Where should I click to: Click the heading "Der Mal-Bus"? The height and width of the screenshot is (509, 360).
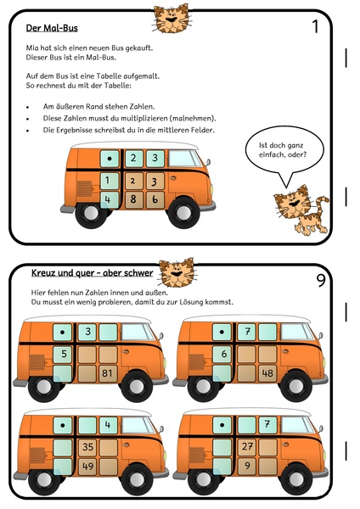(52, 28)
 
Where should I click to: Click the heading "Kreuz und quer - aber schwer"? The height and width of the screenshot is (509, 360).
(92, 273)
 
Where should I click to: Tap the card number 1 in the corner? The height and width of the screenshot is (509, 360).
(315, 26)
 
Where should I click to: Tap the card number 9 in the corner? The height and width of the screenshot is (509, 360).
(321, 280)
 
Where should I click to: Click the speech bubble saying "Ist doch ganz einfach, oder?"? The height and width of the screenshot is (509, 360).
(284, 150)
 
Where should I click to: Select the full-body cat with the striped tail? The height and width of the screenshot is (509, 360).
(301, 210)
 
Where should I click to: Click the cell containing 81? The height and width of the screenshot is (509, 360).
(108, 373)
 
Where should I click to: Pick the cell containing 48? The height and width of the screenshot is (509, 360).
(267, 373)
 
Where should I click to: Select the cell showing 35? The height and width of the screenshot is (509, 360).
(87, 447)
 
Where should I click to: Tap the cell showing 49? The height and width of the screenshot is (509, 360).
(87, 467)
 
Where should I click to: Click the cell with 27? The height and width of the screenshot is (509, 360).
(247, 447)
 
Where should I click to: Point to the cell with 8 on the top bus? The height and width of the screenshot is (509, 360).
(134, 199)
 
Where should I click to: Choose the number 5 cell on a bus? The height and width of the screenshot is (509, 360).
(63, 354)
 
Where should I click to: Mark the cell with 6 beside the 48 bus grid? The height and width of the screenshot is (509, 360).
(222, 354)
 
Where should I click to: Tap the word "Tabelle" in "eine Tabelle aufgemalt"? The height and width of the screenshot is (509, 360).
(116, 76)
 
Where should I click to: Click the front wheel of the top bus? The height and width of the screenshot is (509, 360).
(183, 213)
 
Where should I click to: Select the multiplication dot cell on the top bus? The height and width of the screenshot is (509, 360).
(110, 159)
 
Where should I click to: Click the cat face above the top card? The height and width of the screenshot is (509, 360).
(172, 20)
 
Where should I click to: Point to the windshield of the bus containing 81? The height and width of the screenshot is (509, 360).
(138, 333)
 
